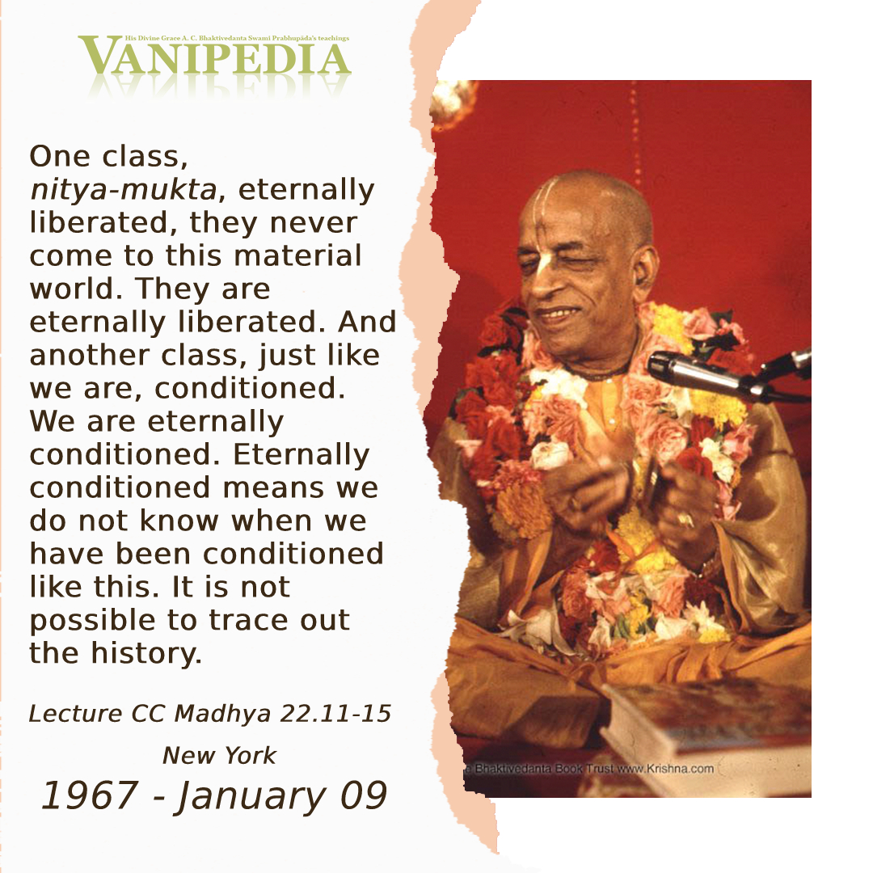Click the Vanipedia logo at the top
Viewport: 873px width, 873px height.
214,56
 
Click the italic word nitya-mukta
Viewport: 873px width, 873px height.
123,190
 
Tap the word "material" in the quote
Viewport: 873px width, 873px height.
297,256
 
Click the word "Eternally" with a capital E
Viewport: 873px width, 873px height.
302,455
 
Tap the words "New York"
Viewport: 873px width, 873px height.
219,756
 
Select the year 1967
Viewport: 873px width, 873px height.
90,795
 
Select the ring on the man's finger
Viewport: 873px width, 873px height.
685,520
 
